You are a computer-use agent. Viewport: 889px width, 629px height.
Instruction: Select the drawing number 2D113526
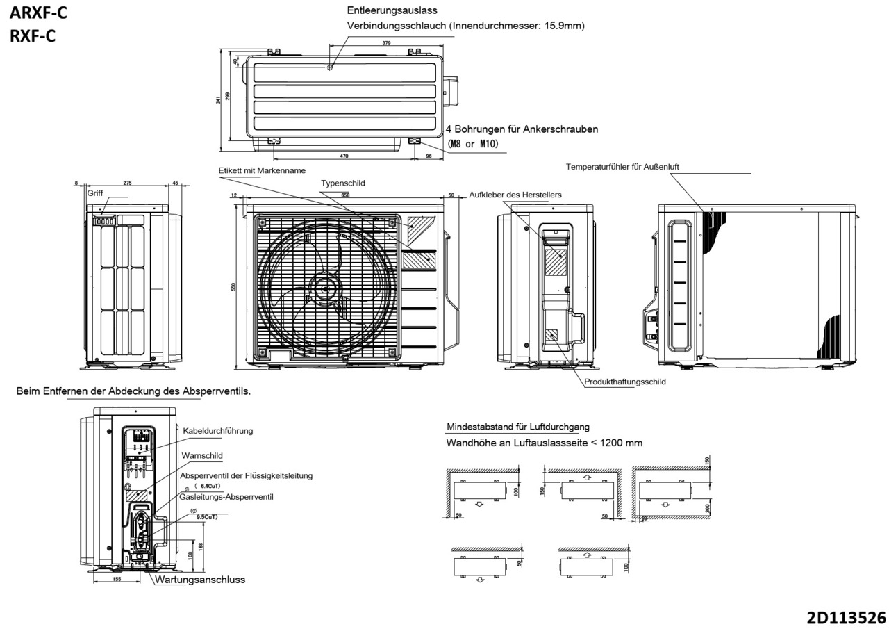click(x=845, y=617)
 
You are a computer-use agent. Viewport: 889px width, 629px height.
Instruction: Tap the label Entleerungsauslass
click(x=391, y=10)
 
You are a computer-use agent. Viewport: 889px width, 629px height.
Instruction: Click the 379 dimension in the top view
click(x=386, y=43)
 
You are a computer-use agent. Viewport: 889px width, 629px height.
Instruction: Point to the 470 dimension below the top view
click(x=344, y=156)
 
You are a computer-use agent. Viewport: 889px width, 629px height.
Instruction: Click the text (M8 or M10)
click(x=473, y=144)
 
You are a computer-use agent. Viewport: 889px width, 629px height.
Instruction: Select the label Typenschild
click(x=342, y=183)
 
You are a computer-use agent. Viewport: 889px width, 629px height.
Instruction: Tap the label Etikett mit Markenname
click(x=262, y=170)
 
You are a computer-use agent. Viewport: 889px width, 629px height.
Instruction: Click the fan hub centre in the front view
click(x=325, y=288)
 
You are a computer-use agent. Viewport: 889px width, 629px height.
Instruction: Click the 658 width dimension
click(x=345, y=196)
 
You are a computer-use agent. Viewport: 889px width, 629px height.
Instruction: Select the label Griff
click(x=95, y=193)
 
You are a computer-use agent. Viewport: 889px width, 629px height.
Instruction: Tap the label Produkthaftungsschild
click(x=624, y=382)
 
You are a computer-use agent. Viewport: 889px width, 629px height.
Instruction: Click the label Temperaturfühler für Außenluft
click(x=622, y=167)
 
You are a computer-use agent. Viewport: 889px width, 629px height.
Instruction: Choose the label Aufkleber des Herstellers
click(x=515, y=195)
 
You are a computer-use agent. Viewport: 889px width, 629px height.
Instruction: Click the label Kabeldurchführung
click(x=217, y=431)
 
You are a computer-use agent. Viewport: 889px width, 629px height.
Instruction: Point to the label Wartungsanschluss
click(x=200, y=580)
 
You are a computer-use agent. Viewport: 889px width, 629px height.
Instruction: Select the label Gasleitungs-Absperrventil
click(x=226, y=497)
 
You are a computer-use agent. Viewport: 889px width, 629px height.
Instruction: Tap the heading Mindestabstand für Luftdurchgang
click(x=517, y=427)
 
